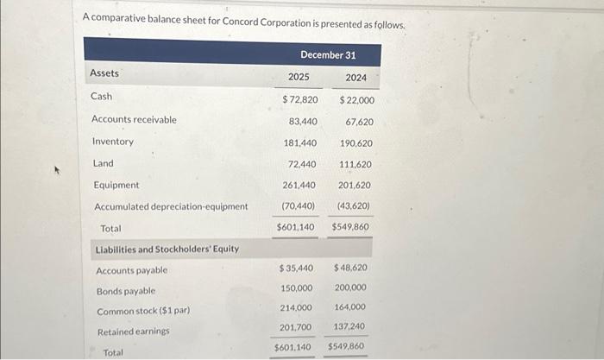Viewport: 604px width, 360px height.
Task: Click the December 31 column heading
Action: (328, 54)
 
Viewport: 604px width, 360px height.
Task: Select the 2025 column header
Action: (299, 78)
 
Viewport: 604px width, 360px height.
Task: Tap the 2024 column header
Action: (355, 78)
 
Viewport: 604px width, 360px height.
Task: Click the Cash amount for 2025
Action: (299, 100)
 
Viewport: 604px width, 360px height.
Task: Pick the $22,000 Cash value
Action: (350, 100)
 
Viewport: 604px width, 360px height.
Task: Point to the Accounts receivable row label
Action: (134, 119)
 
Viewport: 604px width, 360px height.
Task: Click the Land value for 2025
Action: (303, 164)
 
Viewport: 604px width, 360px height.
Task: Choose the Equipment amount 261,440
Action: (299, 186)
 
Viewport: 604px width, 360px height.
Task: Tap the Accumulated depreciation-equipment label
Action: (171, 206)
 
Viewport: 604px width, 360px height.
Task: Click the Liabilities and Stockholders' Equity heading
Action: (167, 249)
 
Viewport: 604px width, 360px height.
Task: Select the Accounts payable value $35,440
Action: (295, 268)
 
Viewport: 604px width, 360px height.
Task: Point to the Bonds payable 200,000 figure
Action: (349, 287)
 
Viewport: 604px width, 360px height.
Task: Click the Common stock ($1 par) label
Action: (142, 311)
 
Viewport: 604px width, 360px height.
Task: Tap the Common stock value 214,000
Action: (297, 307)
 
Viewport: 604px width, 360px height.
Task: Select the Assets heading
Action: (104, 73)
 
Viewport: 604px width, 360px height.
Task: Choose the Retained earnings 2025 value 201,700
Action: (296, 328)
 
